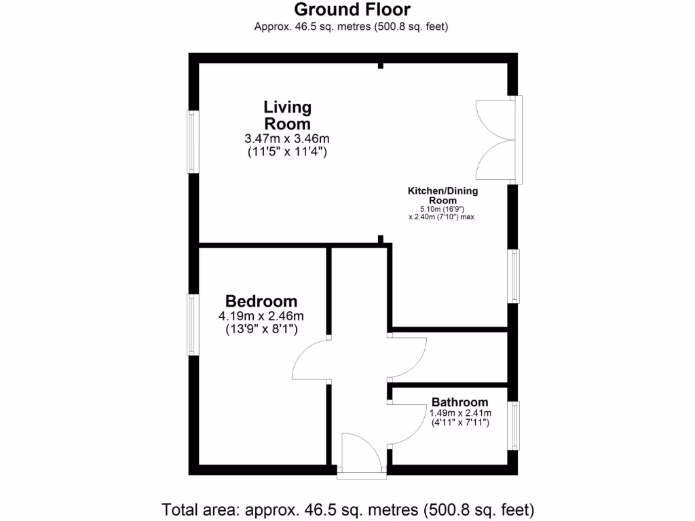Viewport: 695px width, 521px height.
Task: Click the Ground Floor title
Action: coord(352,9)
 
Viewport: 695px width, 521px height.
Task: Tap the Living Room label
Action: coord(287,115)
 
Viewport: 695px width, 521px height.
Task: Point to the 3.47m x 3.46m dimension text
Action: coord(287,139)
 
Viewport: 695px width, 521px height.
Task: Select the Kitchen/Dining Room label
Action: coord(443,195)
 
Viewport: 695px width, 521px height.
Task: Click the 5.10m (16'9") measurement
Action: coord(442,210)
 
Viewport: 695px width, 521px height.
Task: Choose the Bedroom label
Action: coord(261,301)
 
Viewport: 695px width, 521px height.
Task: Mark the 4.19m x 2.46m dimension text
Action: coord(261,316)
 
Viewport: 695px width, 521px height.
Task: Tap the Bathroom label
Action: coord(459,402)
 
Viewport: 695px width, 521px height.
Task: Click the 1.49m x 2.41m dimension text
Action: coord(459,412)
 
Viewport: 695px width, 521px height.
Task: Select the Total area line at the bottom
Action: coord(347,508)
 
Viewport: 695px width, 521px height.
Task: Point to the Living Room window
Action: coord(193,142)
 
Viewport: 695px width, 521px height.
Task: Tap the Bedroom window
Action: coord(193,325)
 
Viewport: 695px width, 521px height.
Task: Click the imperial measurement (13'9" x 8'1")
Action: coord(261,330)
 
